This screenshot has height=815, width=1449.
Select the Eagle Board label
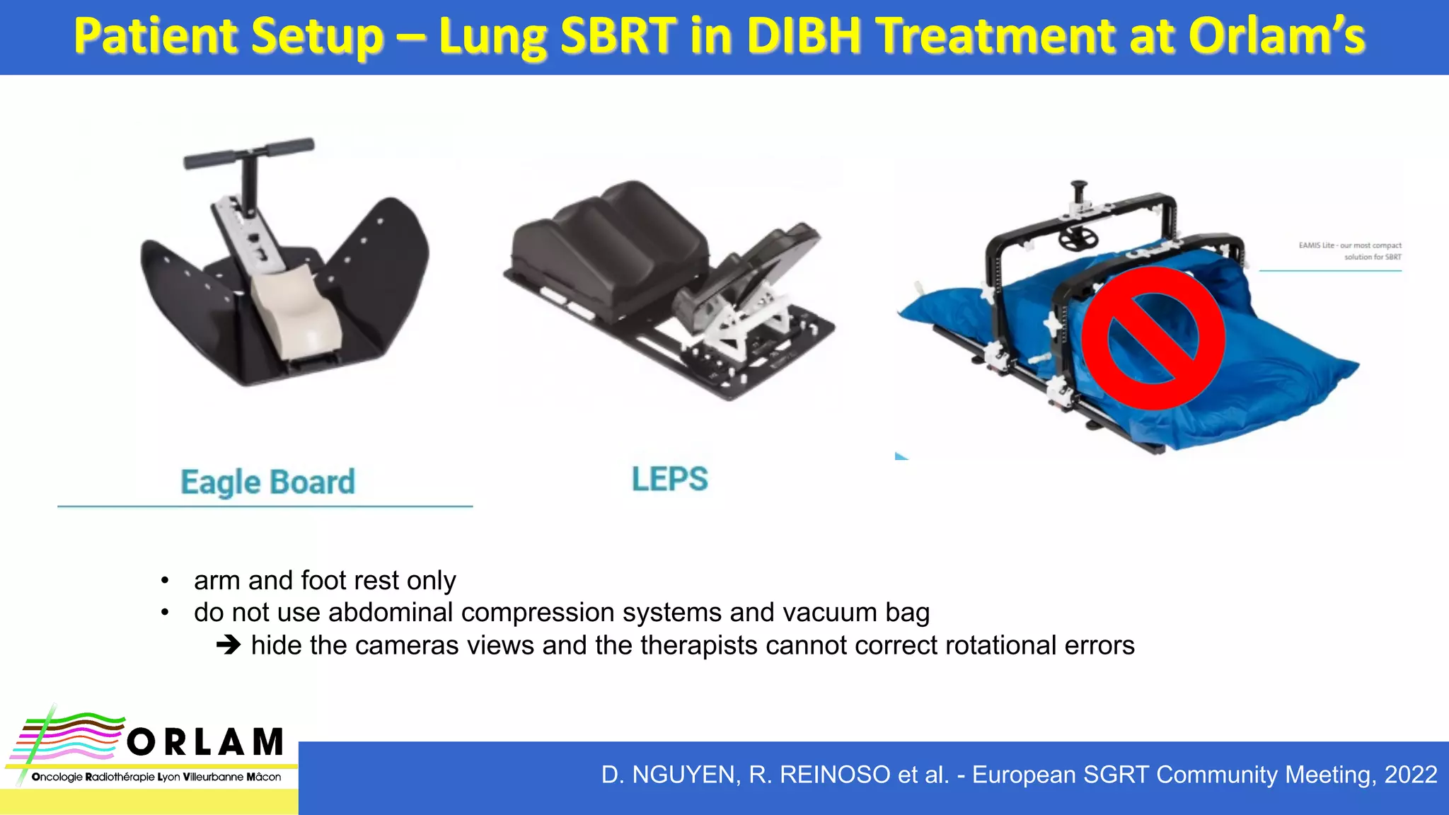coord(267,482)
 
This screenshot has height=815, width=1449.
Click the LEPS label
coord(669,480)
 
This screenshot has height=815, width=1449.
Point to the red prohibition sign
coord(1153,338)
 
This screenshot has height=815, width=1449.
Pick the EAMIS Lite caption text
coord(1350,251)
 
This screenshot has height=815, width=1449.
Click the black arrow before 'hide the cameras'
coord(229,645)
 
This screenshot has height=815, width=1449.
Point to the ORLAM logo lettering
coord(205,742)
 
